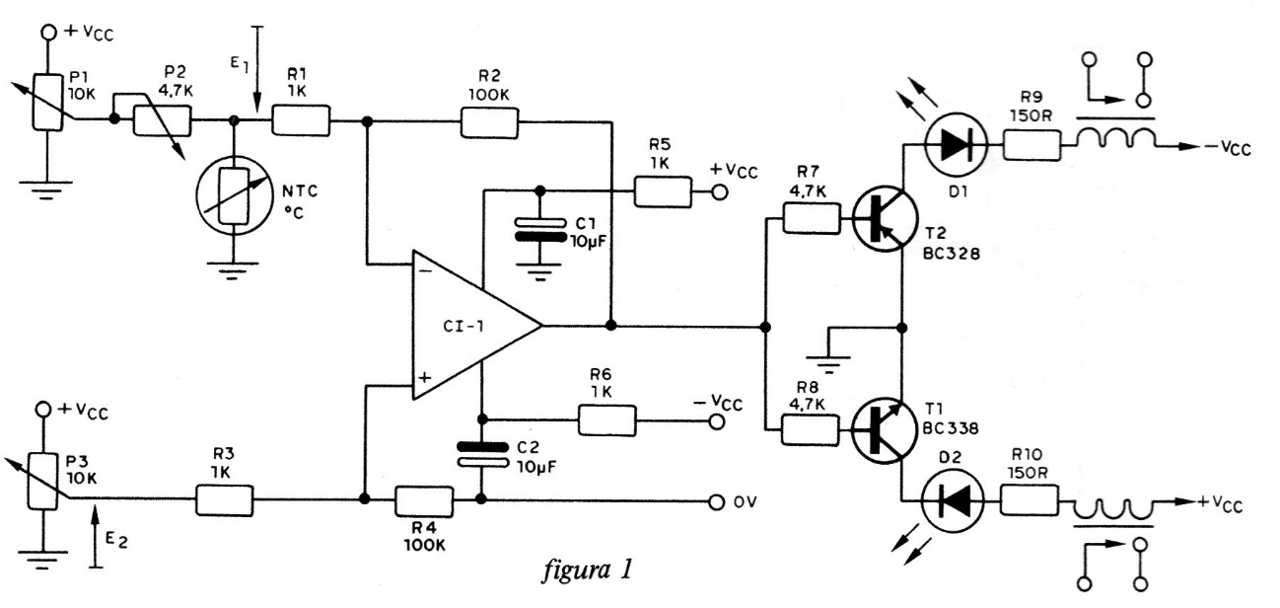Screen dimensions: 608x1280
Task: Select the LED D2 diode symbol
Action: pyautogui.click(x=951, y=501)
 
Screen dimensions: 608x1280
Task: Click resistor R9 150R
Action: pyautogui.click(x=1031, y=147)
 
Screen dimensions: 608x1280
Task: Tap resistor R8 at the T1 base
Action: pyautogui.click(x=810, y=429)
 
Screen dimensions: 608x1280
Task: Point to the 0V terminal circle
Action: pyautogui.click(x=718, y=501)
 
